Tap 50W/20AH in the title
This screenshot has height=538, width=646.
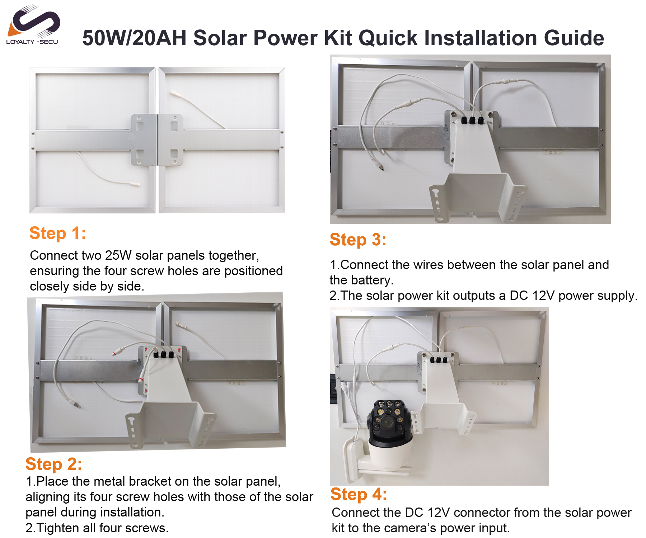[x=135, y=38]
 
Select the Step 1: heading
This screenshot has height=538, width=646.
[x=58, y=233]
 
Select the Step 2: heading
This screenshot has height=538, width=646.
[x=54, y=464]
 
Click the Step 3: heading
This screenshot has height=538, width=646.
[x=358, y=240]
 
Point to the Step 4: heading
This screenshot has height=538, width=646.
[x=359, y=494]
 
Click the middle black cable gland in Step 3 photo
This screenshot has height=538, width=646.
[x=472, y=120]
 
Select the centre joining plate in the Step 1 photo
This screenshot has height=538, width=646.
[x=157, y=140]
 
